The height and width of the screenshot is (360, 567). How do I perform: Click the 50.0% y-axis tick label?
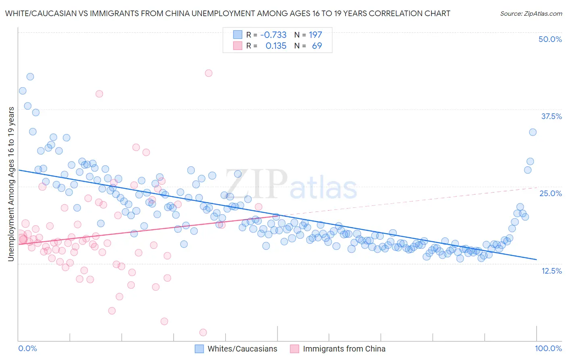(x=550, y=39)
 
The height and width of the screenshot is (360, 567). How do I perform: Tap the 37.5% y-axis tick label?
(x=551, y=116)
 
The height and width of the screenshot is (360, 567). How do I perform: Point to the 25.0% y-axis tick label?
(x=550, y=193)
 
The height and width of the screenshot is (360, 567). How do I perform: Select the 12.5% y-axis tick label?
(x=551, y=271)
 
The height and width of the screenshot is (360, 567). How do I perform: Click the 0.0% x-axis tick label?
(x=28, y=348)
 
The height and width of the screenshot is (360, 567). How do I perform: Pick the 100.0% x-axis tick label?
(x=548, y=348)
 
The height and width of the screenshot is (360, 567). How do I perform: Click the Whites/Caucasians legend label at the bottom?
(x=242, y=349)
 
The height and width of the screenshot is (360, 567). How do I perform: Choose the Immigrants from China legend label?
(x=344, y=349)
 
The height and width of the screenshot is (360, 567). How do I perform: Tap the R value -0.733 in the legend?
(x=273, y=35)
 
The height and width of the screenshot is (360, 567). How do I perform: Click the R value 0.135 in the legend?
(x=276, y=46)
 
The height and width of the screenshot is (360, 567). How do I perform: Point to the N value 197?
(x=315, y=35)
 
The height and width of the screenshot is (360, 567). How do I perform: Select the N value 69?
(x=317, y=46)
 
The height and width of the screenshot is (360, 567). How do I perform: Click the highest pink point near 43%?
(x=208, y=73)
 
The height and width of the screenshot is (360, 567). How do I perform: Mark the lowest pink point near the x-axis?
(x=203, y=332)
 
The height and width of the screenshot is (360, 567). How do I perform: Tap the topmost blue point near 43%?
(x=30, y=77)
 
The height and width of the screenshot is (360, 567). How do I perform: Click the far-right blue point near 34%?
(x=533, y=132)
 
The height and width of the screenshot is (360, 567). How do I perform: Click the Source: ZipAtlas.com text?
(x=531, y=13)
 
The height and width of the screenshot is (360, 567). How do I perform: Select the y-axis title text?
(x=11, y=184)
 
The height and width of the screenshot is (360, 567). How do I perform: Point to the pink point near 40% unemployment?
(x=99, y=94)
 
